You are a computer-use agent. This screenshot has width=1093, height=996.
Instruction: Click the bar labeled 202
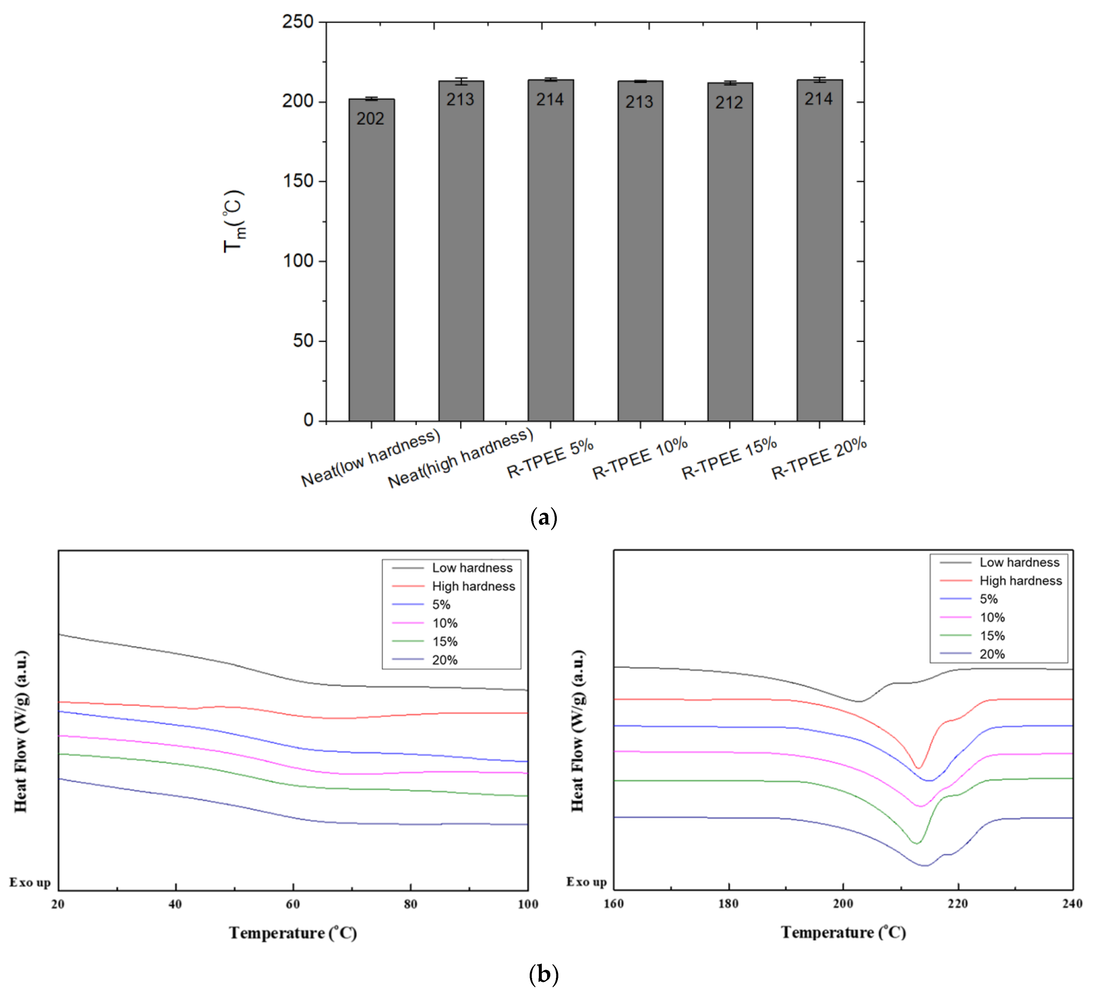point(372,260)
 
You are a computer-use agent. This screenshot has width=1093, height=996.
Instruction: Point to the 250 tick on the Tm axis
point(298,22)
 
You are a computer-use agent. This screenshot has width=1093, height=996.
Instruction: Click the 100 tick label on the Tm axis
point(298,261)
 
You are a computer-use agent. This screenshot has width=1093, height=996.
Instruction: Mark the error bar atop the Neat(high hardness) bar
point(461,81)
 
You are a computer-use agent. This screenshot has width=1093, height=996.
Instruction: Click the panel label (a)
point(543,518)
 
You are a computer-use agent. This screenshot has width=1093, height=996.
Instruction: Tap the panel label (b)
point(543,974)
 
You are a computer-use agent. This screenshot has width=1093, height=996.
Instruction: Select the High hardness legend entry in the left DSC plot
point(473,586)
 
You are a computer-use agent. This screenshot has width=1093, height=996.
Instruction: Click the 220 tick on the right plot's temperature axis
point(958,903)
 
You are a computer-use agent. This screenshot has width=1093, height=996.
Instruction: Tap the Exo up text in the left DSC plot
point(30,882)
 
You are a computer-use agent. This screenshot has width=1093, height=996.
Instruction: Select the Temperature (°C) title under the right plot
point(843,932)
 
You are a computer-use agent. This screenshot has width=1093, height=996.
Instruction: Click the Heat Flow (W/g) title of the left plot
point(21,732)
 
